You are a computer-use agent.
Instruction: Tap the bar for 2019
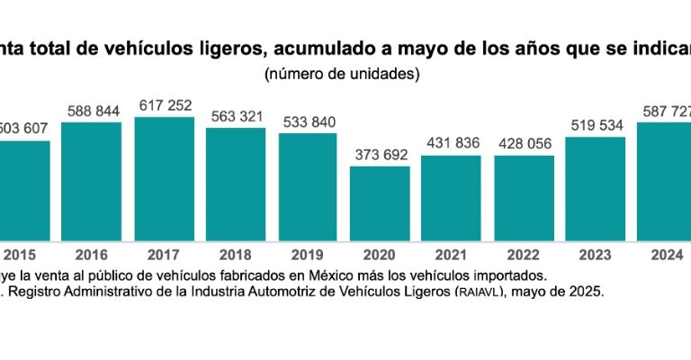point(308,186)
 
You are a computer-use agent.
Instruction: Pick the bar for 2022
point(524,198)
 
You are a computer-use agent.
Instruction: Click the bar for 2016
point(92,181)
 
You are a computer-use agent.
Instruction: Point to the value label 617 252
point(166,106)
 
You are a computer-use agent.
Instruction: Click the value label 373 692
point(380,155)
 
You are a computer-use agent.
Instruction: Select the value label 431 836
point(452,144)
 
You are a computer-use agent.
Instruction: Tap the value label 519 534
point(595,125)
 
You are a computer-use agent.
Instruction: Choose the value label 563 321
point(236,116)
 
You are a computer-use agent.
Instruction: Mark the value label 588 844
point(93,111)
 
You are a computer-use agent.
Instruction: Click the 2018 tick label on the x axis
point(236,256)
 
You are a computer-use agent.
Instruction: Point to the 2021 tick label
point(451,256)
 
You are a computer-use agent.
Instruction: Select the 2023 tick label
point(595,256)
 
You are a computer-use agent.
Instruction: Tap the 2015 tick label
point(20,256)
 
